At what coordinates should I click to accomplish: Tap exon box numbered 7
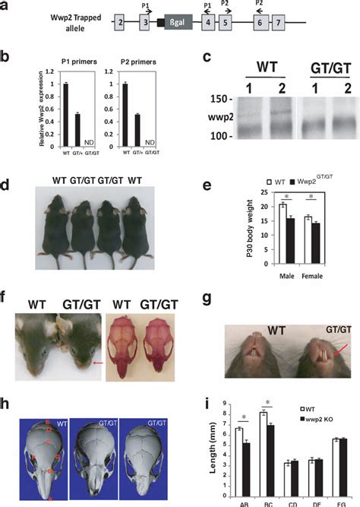(x=279, y=24)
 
